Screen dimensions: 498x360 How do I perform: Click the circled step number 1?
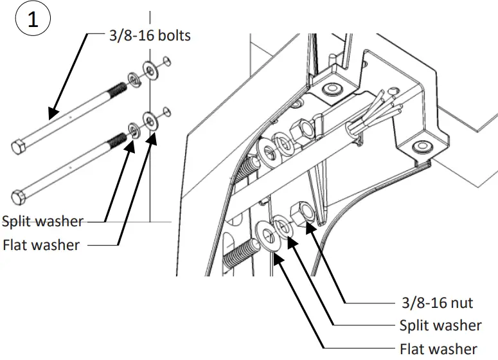tap(33, 19)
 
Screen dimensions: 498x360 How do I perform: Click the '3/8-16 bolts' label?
tap(150, 35)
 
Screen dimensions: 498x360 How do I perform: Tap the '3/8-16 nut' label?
tap(437, 303)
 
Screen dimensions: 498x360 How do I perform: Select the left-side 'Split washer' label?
tap(42, 221)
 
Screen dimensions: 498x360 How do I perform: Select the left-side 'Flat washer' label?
tap(41, 245)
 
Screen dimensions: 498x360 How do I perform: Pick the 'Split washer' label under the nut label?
tap(440, 325)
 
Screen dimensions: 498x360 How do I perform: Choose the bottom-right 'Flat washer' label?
tap(438, 349)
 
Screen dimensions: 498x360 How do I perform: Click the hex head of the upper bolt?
tap(19, 147)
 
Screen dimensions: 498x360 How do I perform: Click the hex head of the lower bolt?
tap(19, 197)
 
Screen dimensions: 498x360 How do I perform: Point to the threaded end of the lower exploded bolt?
tap(116, 140)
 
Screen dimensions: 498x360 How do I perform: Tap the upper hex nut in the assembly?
tap(302, 130)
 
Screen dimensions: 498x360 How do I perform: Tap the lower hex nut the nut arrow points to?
tap(302, 213)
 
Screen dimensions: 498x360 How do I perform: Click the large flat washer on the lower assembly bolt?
tap(266, 235)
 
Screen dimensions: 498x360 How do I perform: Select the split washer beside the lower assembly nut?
tap(282, 226)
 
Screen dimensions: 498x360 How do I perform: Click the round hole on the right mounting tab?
tap(422, 147)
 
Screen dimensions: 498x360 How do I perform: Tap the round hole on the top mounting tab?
tap(332, 89)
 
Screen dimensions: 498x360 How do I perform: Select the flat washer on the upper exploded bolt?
tap(150, 70)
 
